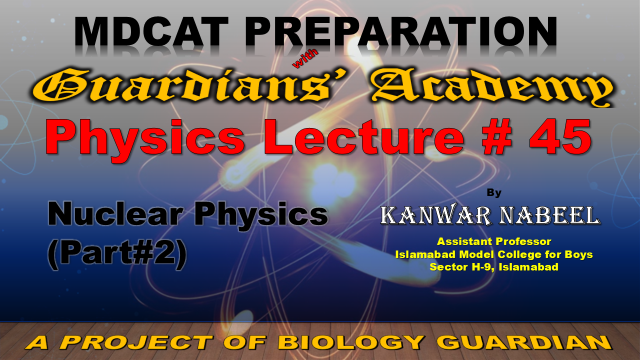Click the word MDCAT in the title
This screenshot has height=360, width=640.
[151, 31]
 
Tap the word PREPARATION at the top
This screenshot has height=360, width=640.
[401, 31]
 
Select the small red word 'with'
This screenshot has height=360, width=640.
[305, 58]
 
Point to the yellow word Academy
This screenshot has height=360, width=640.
[493, 88]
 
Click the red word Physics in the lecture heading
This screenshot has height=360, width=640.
[145, 137]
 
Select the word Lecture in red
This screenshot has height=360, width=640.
[363, 137]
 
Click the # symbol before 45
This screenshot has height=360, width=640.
[496, 137]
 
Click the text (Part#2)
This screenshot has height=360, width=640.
[117, 253]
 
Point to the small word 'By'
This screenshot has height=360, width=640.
[494, 193]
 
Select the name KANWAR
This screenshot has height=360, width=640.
[436, 216]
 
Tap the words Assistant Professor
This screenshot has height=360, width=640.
[494, 241]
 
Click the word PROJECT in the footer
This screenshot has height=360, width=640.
[136, 342]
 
